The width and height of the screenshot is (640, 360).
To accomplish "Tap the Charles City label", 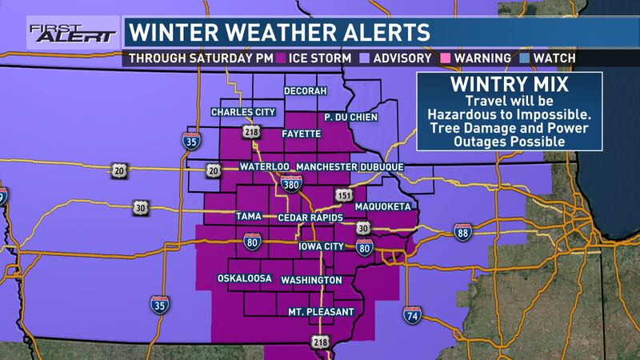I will tap(237, 112).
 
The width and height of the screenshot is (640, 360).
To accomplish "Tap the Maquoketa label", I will tap(384, 206).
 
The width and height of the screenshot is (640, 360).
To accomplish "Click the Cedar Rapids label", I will tap(310, 217).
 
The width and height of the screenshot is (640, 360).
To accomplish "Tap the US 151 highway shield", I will tap(342, 196).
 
